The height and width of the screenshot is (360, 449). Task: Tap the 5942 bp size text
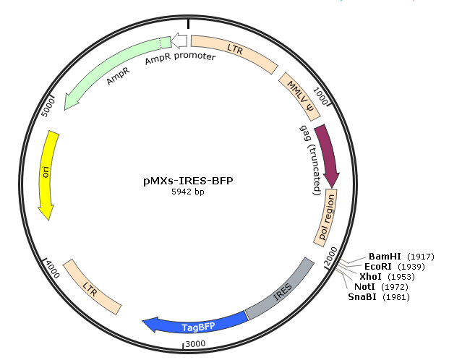[x=188, y=192]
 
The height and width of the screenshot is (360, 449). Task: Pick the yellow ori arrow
[x=48, y=173]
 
